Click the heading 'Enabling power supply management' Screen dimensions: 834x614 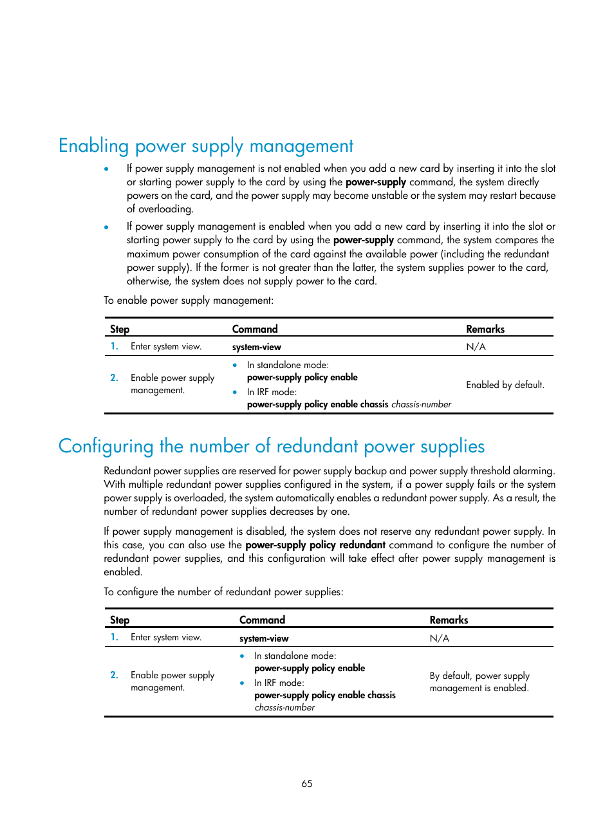click(x=206, y=146)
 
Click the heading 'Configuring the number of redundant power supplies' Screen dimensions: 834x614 click(x=271, y=447)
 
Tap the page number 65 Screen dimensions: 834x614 click(x=307, y=783)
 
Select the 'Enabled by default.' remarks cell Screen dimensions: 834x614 click(x=505, y=385)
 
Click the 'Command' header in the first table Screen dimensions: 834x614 click(x=255, y=329)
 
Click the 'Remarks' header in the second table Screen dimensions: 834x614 click(x=449, y=620)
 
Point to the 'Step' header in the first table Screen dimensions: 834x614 click(x=120, y=329)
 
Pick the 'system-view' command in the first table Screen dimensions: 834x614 click(x=257, y=347)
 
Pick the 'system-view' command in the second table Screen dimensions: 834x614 click(x=264, y=638)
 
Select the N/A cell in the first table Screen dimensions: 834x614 click(x=476, y=347)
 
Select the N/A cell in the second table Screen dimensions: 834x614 click(x=440, y=638)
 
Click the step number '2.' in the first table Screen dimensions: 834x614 click(x=114, y=378)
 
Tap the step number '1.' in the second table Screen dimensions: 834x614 click(x=114, y=637)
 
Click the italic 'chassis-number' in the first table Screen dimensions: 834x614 click(x=421, y=404)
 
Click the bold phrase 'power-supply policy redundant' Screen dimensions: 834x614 click(x=315, y=545)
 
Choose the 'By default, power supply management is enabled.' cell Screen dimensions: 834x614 click(x=479, y=681)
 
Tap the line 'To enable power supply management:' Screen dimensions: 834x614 click(x=189, y=301)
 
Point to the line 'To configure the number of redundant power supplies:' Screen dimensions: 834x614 click(x=223, y=592)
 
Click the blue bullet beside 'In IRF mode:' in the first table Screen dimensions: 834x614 click(x=235, y=392)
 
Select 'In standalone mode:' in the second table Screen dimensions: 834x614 click(x=295, y=656)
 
